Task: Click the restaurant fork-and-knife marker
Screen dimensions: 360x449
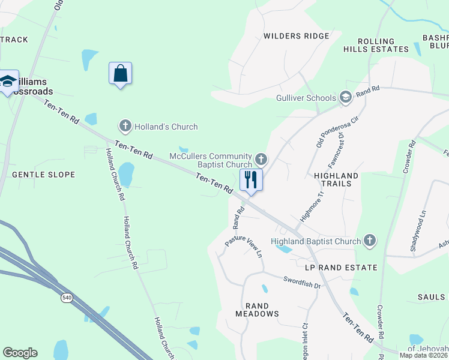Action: click(251, 179)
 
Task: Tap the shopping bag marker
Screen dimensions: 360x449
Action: click(120, 74)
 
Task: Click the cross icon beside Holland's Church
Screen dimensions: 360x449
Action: click(125, 126)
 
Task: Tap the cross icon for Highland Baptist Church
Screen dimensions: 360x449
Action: click(369, 241)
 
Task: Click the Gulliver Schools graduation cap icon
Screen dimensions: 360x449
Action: click(345, 97)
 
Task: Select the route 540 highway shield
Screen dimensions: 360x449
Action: click(67, 297)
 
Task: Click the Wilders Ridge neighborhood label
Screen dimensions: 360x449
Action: click(297, 36)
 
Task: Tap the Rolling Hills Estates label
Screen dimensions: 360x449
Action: click(383, 45)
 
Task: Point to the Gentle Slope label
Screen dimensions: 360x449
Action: click(44, 175)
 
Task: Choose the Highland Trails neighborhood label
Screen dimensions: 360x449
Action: click(336, 179)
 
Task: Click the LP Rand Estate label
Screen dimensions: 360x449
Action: click(341, 267)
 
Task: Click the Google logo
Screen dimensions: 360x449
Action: click(20, 353)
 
